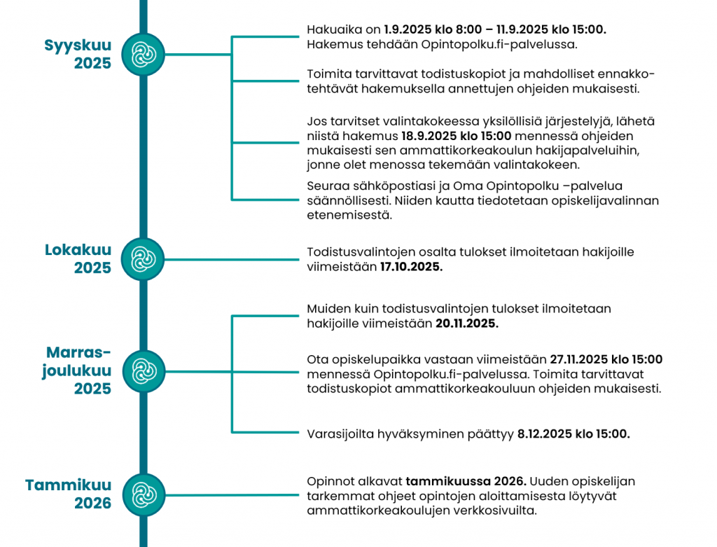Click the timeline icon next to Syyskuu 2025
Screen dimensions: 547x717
pos(143,53)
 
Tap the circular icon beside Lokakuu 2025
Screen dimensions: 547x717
pos(143,259)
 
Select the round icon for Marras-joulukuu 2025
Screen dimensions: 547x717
pos(143,371)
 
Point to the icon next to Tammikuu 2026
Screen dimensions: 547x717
pos(143,493)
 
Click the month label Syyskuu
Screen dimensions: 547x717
pos(78,46)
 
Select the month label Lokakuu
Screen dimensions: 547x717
pos(78,250)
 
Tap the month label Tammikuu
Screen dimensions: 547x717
pos(68,485)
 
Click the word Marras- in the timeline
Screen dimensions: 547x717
pos(78,352)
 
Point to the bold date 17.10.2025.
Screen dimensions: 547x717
pos(411,268)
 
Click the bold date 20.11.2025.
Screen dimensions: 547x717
pos(467,324)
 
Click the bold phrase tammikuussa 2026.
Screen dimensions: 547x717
pos(466,482)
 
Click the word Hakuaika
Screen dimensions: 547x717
pos(333,30)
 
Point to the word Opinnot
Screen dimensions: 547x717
pos(329,482)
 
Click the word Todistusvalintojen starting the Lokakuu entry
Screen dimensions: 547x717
pos(358,252)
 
